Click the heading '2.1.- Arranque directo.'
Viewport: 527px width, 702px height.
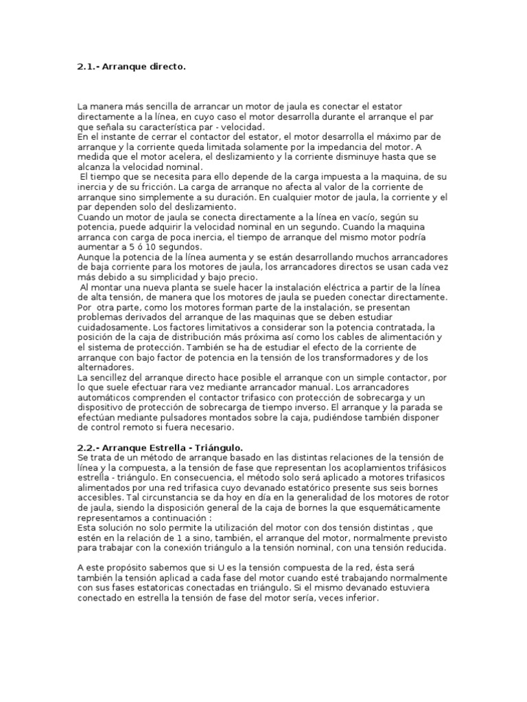tap(131, 66)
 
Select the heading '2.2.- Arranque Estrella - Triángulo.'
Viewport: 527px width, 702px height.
tap(161, 447)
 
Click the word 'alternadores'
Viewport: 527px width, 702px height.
tap(104, 367)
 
